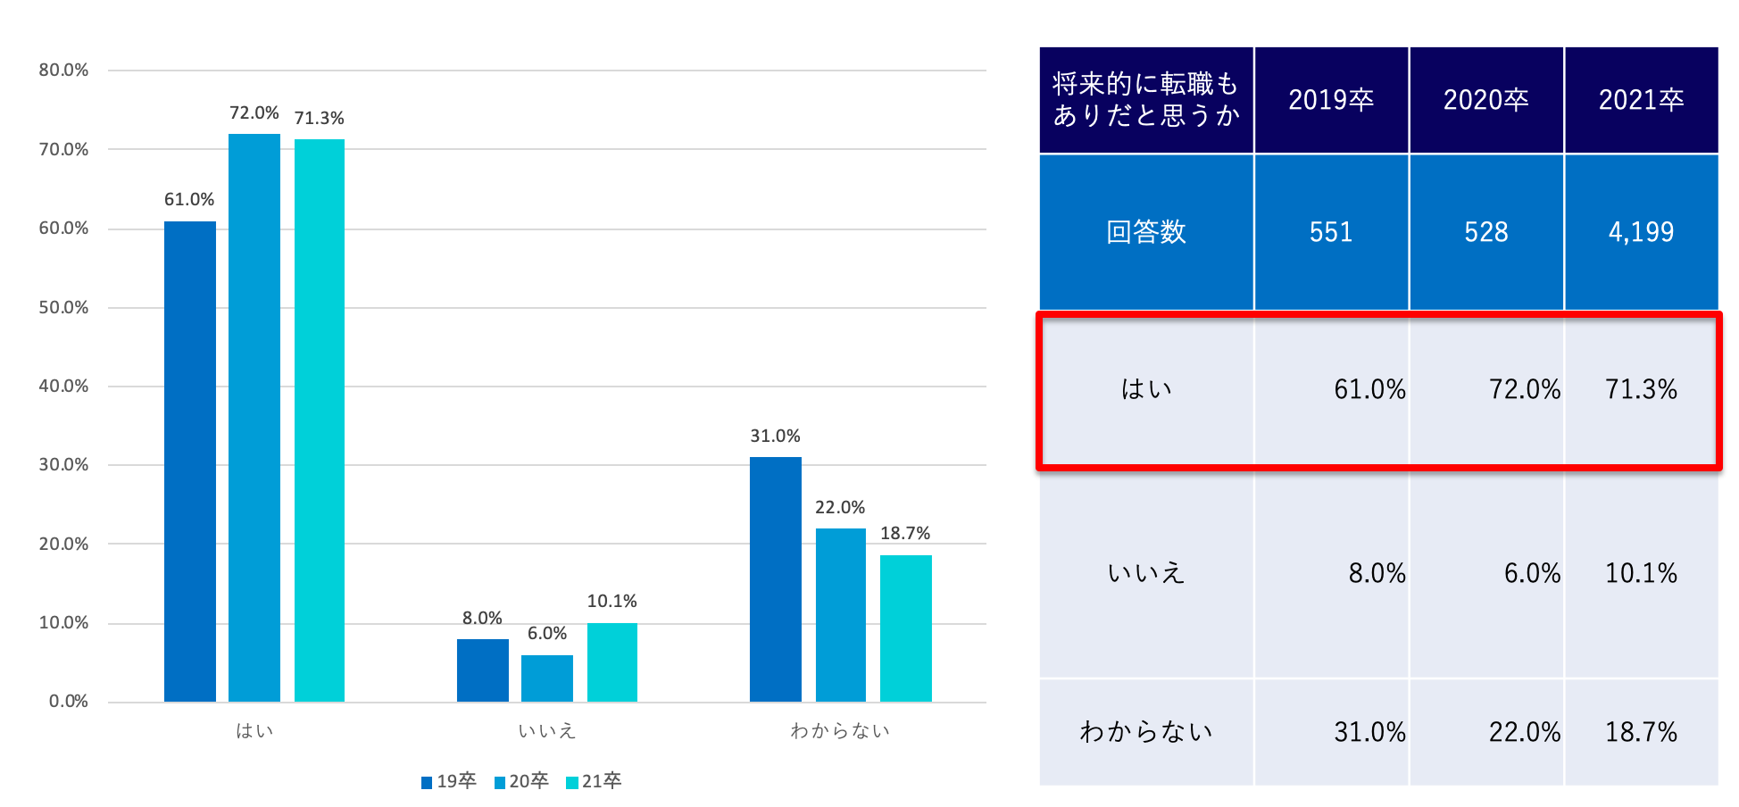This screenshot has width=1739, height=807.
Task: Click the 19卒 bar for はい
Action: [x=189, y=461]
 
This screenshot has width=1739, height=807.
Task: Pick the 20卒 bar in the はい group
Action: [x=254, y=417]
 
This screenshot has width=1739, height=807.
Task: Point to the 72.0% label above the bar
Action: [x=254, y=113]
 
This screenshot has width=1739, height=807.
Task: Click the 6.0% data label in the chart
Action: [x=547, y=634]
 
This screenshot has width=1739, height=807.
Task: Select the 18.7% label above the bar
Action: [x=905, y=534]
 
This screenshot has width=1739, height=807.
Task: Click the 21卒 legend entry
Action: [x=594, y=782]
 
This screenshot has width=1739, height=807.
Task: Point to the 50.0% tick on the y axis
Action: [x=63, y=308]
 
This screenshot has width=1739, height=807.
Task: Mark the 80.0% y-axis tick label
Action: [x=63, y=71]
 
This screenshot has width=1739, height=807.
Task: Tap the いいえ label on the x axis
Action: [x=547, y=731]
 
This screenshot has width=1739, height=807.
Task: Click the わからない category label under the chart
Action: [x=840, y=731]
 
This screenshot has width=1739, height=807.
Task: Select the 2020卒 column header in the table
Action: [x=1485, y=100]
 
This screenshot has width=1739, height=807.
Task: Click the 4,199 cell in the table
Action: [x=1641, y=232]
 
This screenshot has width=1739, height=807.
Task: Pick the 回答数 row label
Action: [x=1146, y=232]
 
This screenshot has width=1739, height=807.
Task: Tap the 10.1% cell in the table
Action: [x=1641, y=573]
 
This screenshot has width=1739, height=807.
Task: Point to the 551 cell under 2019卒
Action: [x=1331, y=232]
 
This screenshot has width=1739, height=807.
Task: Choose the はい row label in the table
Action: [x=1146, y=389]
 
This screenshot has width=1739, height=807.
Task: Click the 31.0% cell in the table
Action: [x=1369, y=732]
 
